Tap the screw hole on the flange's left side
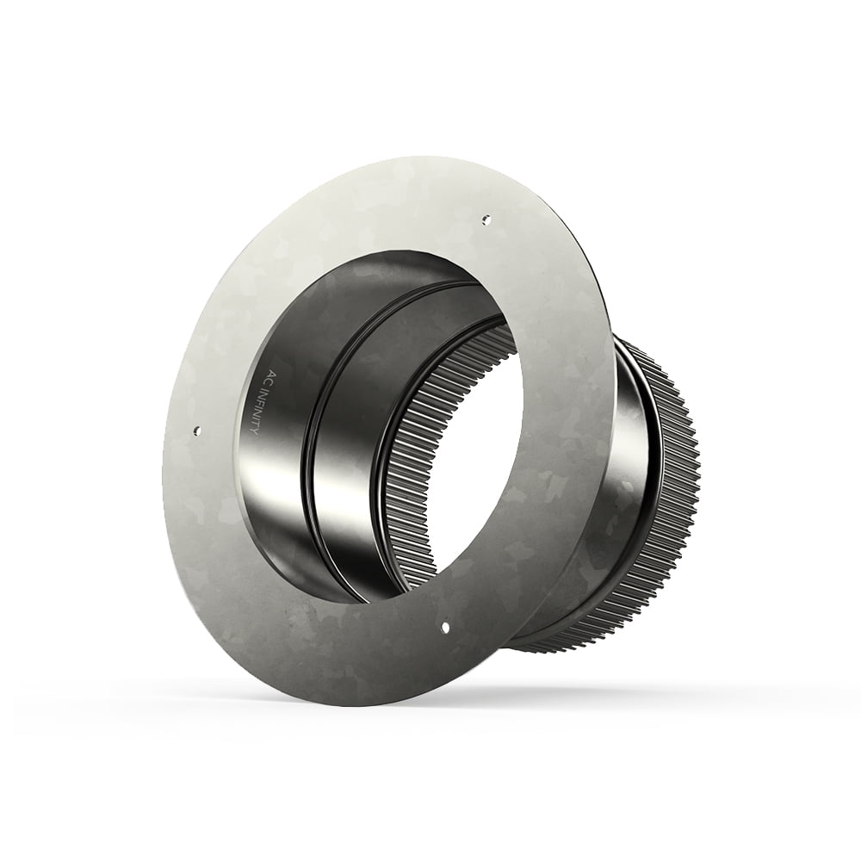(197, 428)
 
